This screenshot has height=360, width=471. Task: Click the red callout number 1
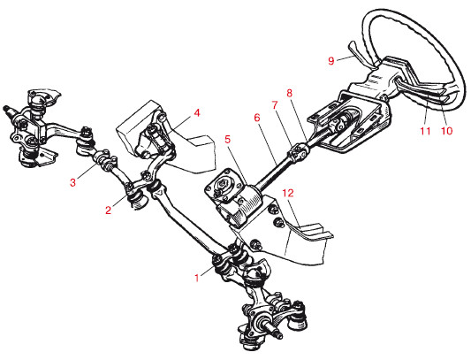pos(197,279)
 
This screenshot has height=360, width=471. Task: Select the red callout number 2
pos(108,210)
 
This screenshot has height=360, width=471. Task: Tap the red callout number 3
pos(73,182)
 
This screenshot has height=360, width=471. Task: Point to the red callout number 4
pos(196,113)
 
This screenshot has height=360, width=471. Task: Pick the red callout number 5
pos(227,139)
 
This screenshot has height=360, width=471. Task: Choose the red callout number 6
pos(256,118)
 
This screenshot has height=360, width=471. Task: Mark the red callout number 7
pos(275,105)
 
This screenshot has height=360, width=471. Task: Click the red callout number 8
pos(289,93)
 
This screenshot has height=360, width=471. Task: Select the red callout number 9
pos(331,61)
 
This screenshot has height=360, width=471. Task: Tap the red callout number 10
pos(446,131)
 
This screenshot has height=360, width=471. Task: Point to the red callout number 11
pos(425,131)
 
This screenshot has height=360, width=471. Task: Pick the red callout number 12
pos(288,193)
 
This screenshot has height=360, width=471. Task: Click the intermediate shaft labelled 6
pos(273,171)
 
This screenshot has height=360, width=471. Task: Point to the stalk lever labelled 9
pos(361,55)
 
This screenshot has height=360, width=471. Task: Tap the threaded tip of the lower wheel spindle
pos(278,334)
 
